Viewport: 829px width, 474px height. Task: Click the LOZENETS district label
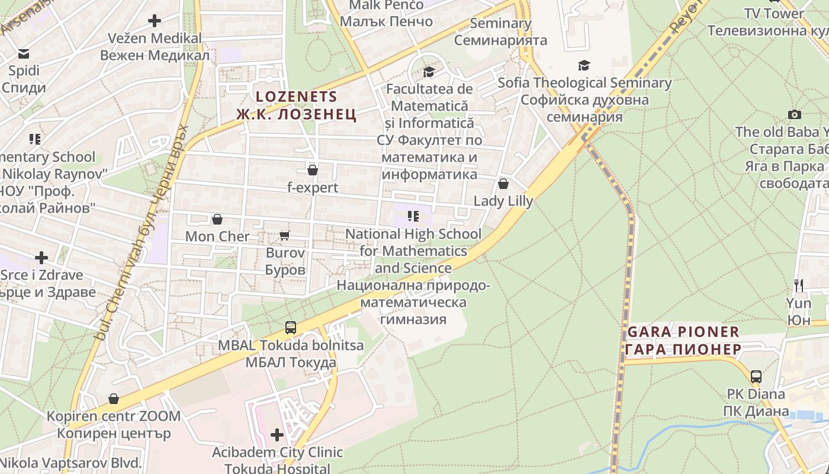[x=296, y=97]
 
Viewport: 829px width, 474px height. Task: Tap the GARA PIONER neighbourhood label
[x=683, y=332]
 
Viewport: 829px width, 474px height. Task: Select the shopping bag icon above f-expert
[x=313, y=171]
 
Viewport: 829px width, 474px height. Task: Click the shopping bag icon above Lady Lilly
[x=503, y=184]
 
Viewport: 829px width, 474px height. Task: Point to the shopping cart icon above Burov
[x=284, y=236]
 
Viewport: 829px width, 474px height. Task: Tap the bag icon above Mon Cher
[x=217, y=219]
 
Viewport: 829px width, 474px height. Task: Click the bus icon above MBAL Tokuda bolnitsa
[x=291, y=327]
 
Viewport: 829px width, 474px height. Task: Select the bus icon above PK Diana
[x=756, y=376]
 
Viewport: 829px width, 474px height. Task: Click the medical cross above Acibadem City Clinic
[x=277, y=435]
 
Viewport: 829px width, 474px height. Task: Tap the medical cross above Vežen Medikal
[x=155, y=21]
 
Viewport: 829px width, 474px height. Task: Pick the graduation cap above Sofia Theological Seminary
[x=584, y=66]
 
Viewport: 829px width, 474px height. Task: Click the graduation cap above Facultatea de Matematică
[x=429, y=72]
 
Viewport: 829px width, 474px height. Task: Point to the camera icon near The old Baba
[x=794, y=114]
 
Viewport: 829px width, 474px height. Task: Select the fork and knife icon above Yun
[x=799, y=285]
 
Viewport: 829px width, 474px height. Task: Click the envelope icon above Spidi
[x=24, y=54]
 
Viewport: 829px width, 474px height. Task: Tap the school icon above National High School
[x=413, y=216]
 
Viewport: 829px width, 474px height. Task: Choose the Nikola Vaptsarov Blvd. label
[x=71, y=462]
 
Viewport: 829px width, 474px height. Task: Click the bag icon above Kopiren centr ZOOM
[x=114, y=399]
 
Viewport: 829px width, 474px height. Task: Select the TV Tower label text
[x=774, y=13]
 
